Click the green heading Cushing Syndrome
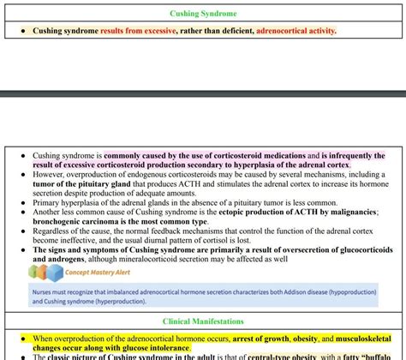click(x=203, y=14)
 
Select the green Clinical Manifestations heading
click(x=203, y=321)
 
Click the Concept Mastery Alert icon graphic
click(x=45, y=273)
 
